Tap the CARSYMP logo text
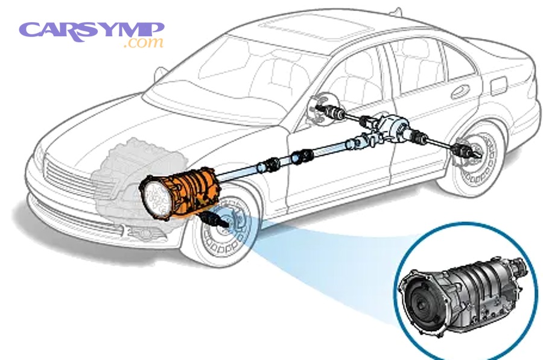pos(92,32)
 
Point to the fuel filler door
pos(498,86)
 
